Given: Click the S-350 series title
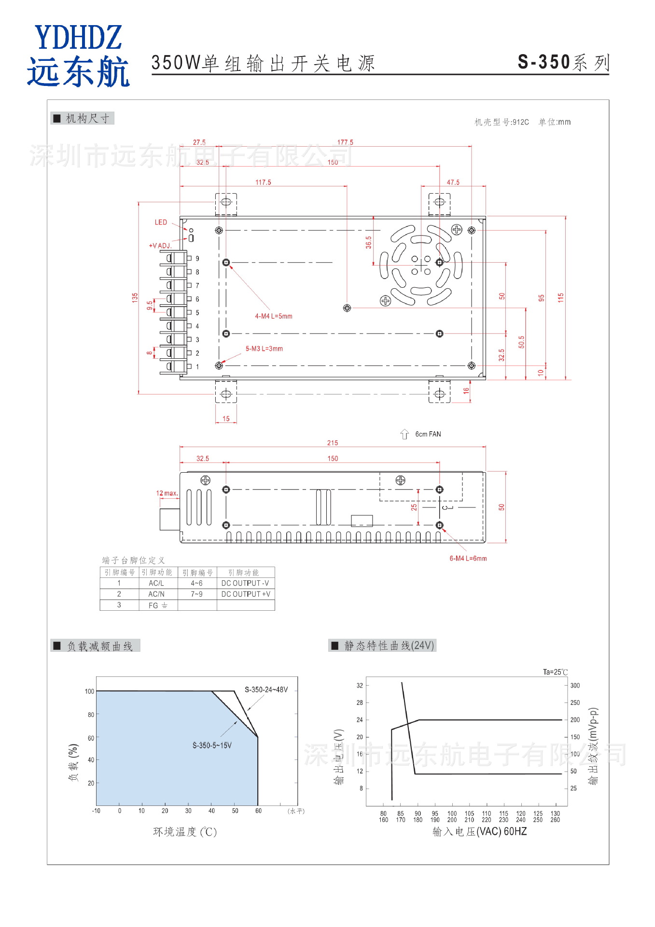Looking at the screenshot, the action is tap(563, 62).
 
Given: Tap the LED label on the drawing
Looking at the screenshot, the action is tap(161, 223).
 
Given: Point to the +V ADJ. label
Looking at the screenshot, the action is tap(160, 246).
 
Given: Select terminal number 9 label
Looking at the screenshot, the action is tap(197, 259).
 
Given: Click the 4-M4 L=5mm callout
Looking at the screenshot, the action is tap(274, 316).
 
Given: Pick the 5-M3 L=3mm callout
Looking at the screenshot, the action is tap(264, 349).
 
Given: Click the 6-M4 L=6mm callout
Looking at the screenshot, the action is tap(468, 559).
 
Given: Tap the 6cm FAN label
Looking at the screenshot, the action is tap(428, 435).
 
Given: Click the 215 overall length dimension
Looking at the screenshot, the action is tap(333, 443).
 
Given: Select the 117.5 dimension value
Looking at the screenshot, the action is tap(263, 183).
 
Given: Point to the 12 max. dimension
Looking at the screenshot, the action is tap(167, 493).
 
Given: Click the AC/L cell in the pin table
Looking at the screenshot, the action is tap(156, 583).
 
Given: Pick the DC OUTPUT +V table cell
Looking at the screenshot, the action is tap(246, 594).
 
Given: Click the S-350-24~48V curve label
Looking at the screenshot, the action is tap(266, 689).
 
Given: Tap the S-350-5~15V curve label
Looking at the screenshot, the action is tap(212, 745).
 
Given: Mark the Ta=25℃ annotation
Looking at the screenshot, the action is tap(555, 672).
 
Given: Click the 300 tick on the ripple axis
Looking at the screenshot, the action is tap(575, 686).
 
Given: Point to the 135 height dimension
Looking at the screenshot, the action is tap(135, 297).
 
